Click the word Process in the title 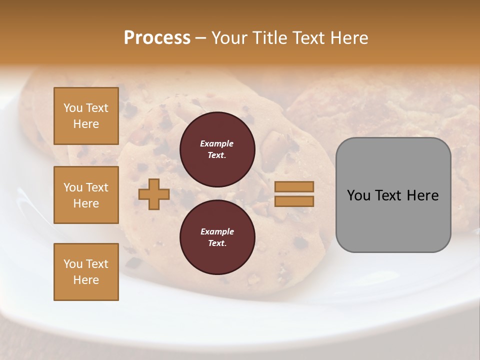(x=157, y=38)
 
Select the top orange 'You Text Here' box (x=86, y=116)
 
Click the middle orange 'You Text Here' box (x=86, y=195)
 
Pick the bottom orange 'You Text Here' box (x=86, y=272)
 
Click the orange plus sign (x=154, y=194)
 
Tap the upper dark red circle (x=217, y=149)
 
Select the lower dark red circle (x=217, y=237)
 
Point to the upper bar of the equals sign (x=294, y=187)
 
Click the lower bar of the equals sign (x=294, y=201)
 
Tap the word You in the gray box (x=358, y=195)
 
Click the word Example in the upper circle (x=217, y=143)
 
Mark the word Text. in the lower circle (x=217, y=243)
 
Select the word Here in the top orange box (x=86, y=124)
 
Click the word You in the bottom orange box (x=73, y=264)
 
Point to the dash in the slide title (x=200, y=38)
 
